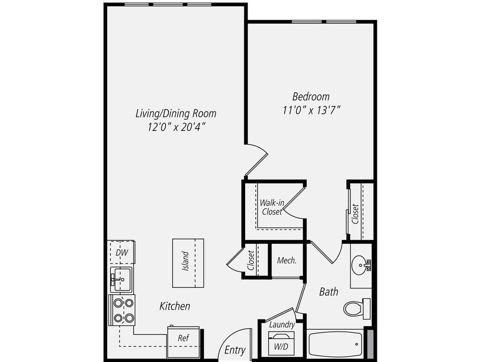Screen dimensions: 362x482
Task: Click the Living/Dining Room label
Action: click(176, 114)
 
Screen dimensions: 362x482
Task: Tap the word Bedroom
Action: click(311, 96)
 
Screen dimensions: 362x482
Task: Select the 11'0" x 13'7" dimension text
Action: click(311, 110)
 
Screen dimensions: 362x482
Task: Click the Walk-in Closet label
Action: click(272, 207)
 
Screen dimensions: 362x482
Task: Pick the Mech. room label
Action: click(287, 260)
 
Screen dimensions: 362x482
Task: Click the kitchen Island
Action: click(188, 263)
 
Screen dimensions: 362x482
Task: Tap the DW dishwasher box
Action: click(122, 253)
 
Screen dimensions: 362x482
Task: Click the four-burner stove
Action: click(122, 311)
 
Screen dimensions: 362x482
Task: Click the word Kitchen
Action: click(175, 306)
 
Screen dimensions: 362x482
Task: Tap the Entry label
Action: click(235, 350)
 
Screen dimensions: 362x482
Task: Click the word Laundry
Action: click(281, 325)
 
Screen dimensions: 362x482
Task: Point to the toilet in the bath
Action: click(356, 308)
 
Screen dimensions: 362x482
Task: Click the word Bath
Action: click(329, 292)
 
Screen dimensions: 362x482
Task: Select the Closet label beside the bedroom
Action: click(355, 214)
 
